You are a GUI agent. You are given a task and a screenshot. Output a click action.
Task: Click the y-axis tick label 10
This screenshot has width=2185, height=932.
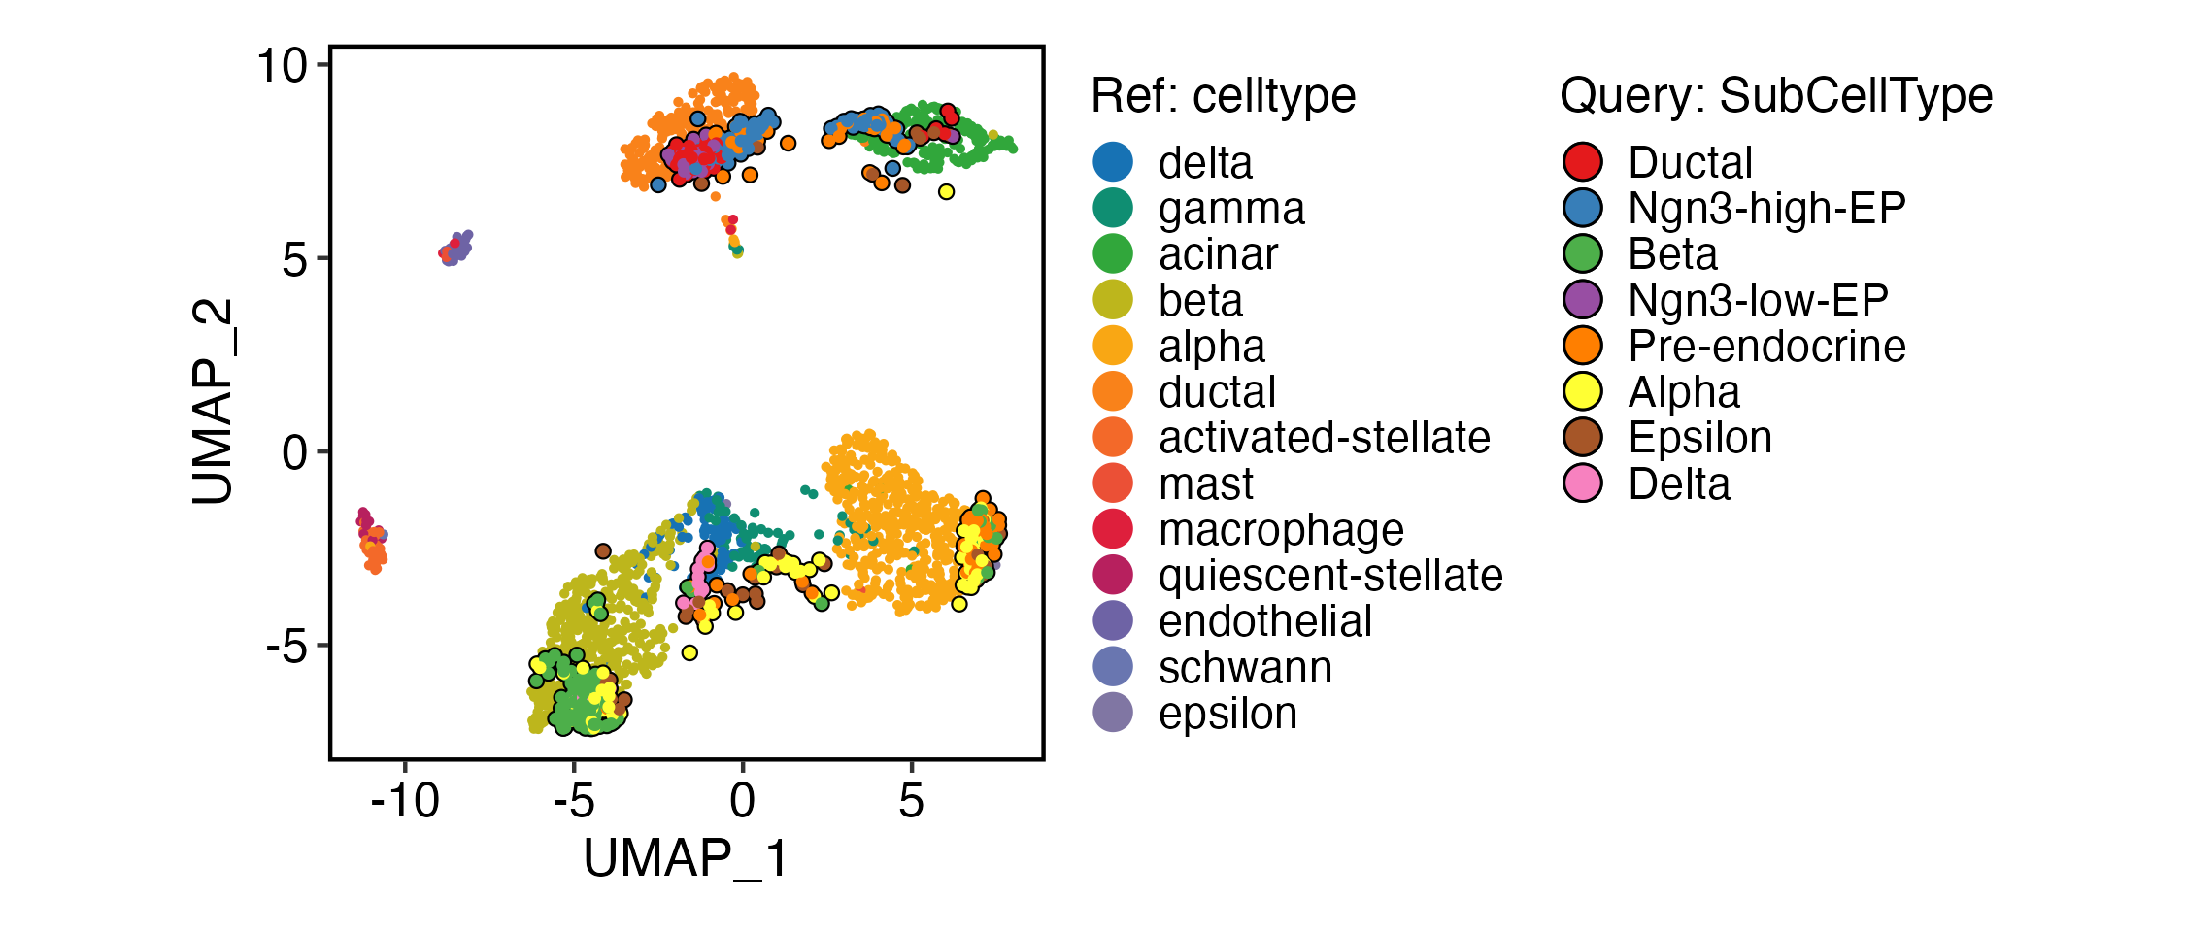click(281, 67)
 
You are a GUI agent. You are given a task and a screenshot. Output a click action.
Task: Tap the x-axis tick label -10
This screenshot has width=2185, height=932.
click(405, 802)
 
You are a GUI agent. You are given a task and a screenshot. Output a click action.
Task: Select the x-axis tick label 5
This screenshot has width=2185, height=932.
click(911, 802)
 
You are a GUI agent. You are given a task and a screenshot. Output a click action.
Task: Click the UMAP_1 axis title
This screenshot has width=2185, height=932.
click(686, 858)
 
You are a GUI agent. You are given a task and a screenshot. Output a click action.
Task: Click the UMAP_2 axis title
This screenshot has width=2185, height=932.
click(213, 401)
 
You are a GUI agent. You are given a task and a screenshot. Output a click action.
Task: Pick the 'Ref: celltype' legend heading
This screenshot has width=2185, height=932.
click(1223, 96)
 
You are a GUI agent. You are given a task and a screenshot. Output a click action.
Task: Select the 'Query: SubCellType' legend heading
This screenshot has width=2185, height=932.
click(1776, 96)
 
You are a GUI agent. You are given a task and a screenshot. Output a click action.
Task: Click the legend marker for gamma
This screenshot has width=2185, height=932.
click(1113, 209)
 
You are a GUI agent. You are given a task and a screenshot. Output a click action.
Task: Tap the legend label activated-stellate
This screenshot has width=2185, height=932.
click(1324, 438)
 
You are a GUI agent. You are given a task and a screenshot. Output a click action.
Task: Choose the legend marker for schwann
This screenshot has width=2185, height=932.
click(1113, 667)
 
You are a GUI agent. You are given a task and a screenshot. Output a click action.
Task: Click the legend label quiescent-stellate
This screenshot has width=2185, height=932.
click(1330, 576)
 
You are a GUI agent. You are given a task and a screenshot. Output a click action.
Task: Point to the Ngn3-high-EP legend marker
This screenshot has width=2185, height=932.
click(1583, 209)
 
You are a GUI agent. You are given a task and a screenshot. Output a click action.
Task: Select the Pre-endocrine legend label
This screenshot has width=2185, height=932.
click(1766, 347)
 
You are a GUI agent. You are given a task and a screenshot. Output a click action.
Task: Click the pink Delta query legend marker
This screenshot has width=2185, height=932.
click(1583, 483)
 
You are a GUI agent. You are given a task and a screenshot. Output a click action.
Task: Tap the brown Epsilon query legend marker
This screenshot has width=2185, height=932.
click(1583, 438)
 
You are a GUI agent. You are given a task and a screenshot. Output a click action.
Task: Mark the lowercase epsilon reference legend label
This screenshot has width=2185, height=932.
click(1227, 714)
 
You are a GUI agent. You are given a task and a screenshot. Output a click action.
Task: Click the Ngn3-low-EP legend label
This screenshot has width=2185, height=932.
click(1758, 301)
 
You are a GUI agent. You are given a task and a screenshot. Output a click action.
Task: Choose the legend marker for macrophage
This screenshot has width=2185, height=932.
click(1113, 530)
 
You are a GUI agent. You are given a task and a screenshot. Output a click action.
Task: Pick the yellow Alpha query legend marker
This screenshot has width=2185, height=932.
click(1583, 392)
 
